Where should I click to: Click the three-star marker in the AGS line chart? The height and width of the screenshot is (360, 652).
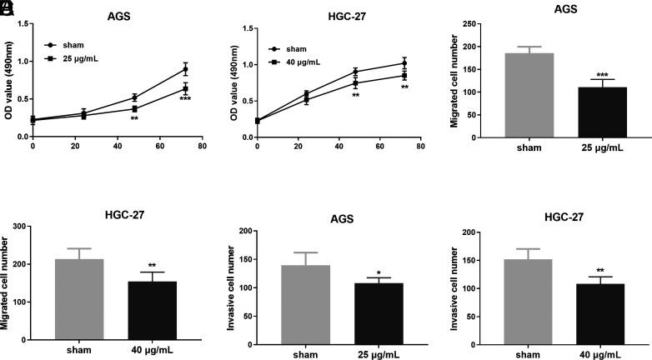[185, 99]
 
